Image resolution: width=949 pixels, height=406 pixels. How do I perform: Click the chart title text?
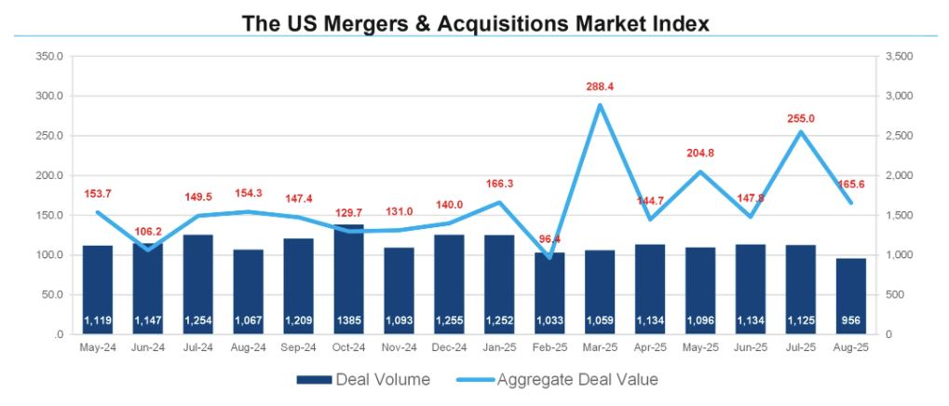[475, 21]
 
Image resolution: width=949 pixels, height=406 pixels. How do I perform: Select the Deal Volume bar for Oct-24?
[348, 279]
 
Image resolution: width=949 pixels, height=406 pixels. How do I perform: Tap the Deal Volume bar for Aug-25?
[850, 296]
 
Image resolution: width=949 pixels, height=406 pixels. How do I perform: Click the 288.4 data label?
[599, 87]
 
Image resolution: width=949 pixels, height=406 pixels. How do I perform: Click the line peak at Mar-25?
[600, 104]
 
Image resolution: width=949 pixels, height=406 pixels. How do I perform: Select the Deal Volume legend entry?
[362, 379]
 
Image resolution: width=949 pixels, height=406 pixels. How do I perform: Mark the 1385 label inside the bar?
[348, 321]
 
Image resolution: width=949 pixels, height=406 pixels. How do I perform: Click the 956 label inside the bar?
[850, 321]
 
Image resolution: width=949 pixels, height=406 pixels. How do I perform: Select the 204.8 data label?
[700, 154]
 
